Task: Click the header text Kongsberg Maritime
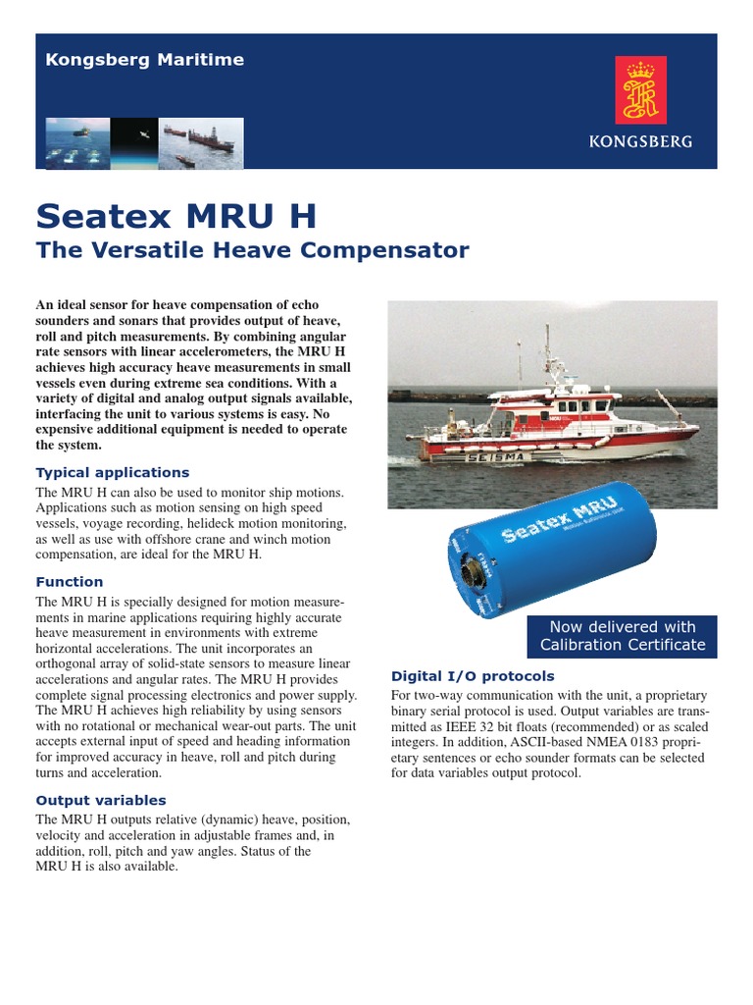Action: tap(144, 60)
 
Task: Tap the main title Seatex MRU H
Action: tap(176, 216)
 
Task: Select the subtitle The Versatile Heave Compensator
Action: tap(252, 250)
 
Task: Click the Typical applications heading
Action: tap(113, 472)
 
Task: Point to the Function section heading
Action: tap(70, 582)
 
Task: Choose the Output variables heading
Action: tap(101, 800)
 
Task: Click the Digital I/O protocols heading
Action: tap(473, 676)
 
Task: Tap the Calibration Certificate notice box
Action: tap(623, 636)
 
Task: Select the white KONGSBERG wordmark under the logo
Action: tap(640, 141)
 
